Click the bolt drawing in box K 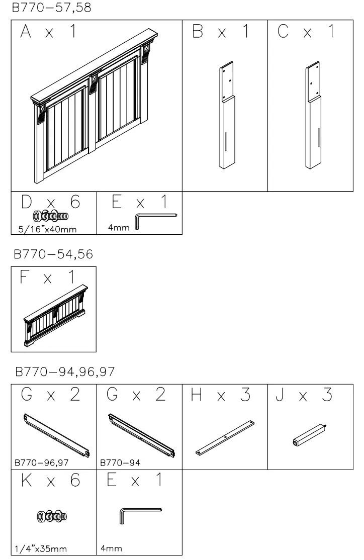click(52, 516)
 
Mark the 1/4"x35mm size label click(40, 549)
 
